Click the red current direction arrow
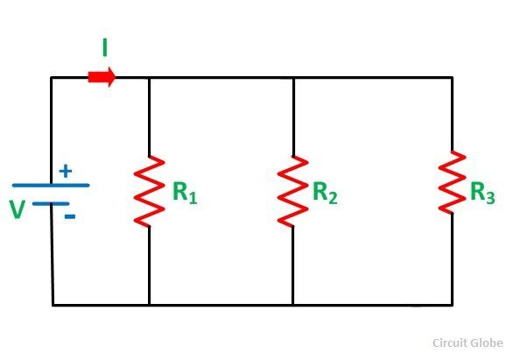[102, 77]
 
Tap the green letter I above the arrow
[105, 48]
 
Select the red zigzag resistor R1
[149, 192]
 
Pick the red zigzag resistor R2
[293, 192]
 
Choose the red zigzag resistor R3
[452, 182]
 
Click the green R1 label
[185, 193]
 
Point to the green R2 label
[325, 193]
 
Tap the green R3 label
[482, 193]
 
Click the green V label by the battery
[18, 209]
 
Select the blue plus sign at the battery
[66, 171]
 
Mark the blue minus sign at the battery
[70, 217]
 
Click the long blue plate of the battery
[51, 185]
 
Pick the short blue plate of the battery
[51, 204]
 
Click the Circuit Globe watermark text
[467, 342]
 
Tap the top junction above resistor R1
[149, 78]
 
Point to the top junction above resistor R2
[293, 78]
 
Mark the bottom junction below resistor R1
[149, 305]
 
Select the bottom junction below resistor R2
[293, 305]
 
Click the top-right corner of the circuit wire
[453, 78]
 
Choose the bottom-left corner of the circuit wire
[53, 305]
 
